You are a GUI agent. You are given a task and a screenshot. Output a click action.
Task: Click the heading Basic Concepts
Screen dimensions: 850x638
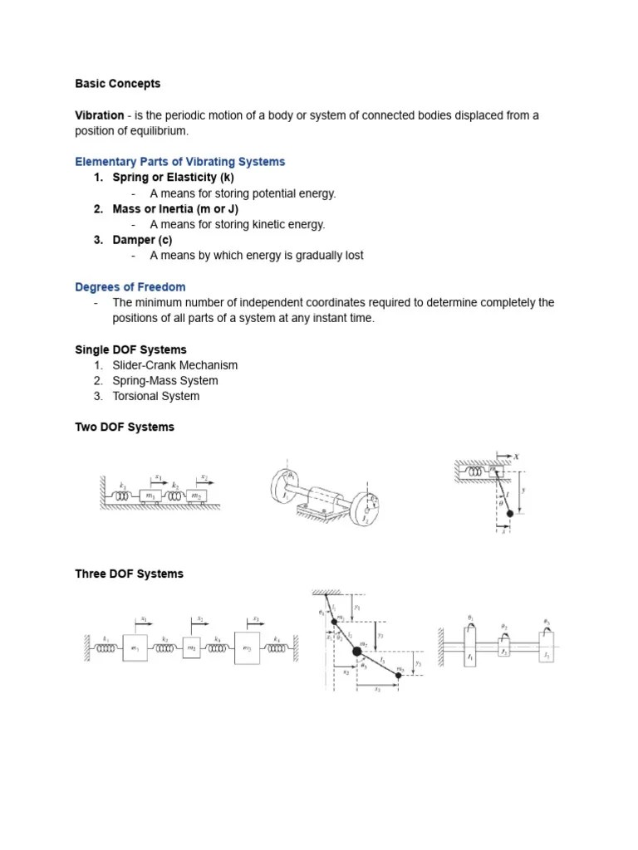(x=117, y=84)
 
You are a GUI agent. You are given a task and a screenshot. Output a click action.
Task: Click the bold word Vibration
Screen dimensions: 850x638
(x=100, y=115)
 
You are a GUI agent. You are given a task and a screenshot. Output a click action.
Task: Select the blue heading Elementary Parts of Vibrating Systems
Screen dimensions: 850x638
(x=179, y=162)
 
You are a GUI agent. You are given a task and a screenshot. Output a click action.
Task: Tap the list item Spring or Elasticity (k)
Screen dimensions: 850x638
(x=173, y=178)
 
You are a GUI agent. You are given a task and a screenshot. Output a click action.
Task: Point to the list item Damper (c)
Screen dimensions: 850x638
(x=142, y=240)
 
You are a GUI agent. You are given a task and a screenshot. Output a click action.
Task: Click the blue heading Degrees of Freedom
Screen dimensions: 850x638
(x=130, y=287)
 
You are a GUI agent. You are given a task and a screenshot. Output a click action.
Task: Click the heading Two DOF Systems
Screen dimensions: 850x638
(x=125, y=427)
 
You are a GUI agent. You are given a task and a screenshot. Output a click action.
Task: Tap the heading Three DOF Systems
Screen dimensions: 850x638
(x=129, y=574)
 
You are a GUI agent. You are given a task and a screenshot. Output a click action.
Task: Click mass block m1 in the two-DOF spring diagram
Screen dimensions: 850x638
(x=150, y=496)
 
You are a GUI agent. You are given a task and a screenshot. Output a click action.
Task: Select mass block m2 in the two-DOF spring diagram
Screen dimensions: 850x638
(x=197, y=496)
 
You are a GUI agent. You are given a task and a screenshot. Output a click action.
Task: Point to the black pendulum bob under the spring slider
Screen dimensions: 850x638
(x=509, y=514)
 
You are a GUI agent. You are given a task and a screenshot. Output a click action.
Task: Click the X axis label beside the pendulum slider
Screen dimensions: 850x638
(x=516, y=457)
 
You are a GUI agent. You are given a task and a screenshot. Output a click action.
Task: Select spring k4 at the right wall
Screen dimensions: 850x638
(x=276, y=648)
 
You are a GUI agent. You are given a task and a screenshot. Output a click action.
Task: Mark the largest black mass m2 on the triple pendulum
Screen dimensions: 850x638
(x=357, y=652)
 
